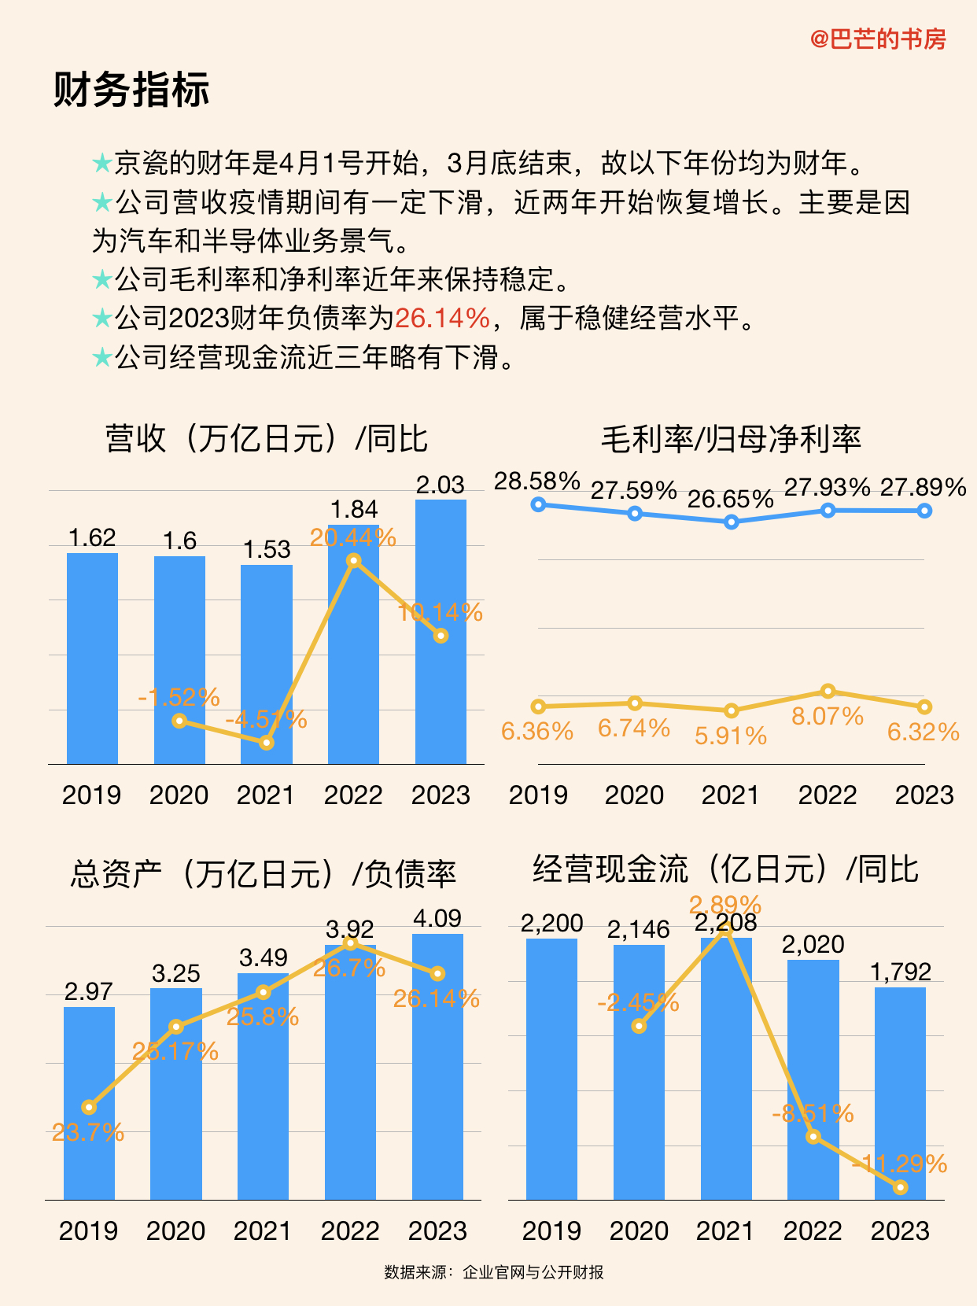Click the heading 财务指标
click(x=131, y=89)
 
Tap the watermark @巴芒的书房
click(x=878, y=39)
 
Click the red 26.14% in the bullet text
click(x=442, y=319)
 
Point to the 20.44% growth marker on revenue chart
click(x=354, y=560)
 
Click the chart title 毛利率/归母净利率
click(x=731, y=439)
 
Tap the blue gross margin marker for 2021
click(x=731, y=522)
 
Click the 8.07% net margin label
click(x=828, y=717)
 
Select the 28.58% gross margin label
click(x=537, y=481)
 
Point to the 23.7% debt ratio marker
click(x=89, y=1107)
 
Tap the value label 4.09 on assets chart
click(x=437, y=918)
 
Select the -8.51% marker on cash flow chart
click(x=813, y=1137)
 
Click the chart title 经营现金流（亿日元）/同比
click(x=725, y=869)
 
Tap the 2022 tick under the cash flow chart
click(x=813, y=1230)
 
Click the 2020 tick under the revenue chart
click(x=179, y=795)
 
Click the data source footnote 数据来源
click(x=494, y=1272)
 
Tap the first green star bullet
click(x=102, y=164)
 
